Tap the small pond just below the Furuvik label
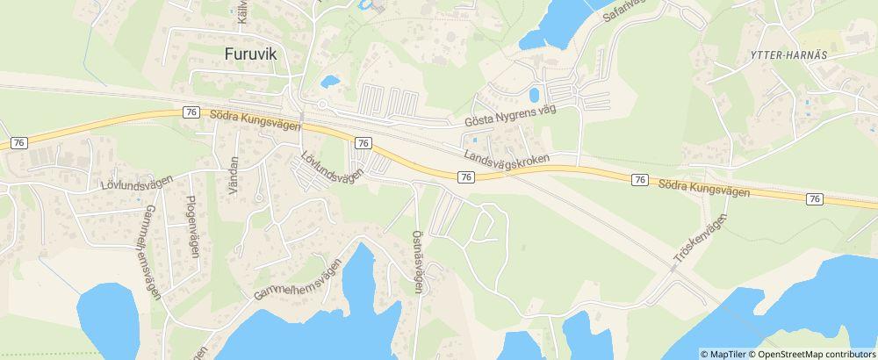330,82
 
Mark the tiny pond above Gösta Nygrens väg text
534,94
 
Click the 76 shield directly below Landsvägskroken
466,177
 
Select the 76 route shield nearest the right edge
815,199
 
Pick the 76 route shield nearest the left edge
18,140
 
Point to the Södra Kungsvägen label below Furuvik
255,119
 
